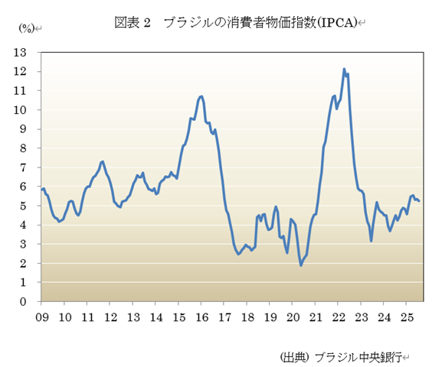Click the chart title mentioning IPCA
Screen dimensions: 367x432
[237, 22]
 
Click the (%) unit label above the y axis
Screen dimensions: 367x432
[26, 28]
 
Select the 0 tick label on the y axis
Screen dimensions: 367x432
[24, 301]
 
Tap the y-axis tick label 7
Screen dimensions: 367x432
[24, 167]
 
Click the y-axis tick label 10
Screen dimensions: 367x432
[21, 109]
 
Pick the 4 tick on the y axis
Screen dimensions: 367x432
[24, 225]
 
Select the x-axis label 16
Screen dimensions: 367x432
[201, 316]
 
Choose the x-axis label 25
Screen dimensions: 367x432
[406, 316]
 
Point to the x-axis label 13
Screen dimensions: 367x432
[133, 316]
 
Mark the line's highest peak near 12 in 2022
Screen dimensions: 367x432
[344, 70]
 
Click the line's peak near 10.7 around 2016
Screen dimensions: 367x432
[201, 96]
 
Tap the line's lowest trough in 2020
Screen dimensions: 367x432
[301, 265]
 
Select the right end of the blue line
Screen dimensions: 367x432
[419, 201]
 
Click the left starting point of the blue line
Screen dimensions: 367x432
[42, 189]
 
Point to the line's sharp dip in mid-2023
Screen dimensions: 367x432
[371, 241]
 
